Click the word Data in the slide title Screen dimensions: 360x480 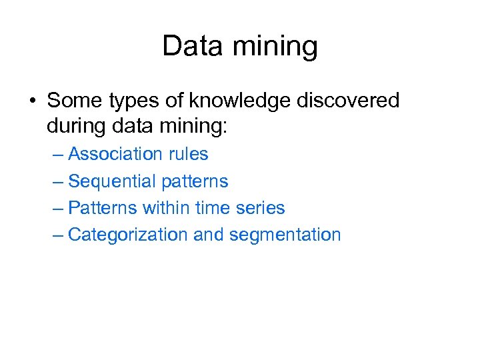tap(190, 46)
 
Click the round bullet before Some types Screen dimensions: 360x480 tap(32, 101)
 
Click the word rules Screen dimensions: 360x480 tap(189, 154)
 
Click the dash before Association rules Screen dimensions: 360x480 tap(58, 155)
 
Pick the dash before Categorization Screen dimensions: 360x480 tap(58, 235)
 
